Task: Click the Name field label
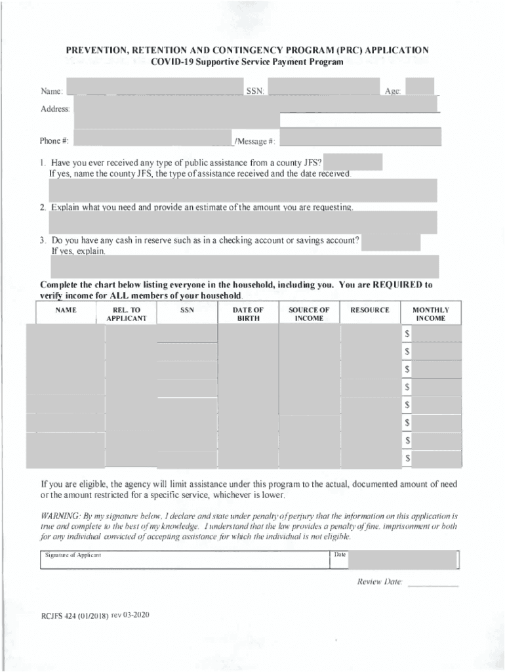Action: (51, 91)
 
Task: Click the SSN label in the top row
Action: (255, 91)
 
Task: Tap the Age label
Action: (393, 91)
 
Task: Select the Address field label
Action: (55, 109)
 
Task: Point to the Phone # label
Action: (54, 141)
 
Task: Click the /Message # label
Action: (256, 141)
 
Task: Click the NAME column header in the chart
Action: (66, 310)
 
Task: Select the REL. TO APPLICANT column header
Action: (127, 314)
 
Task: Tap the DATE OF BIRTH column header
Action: (249, 314)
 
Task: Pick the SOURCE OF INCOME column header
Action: (309, 314)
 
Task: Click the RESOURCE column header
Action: (370, 310)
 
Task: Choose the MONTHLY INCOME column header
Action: (431, 314)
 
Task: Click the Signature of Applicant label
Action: (73, 555)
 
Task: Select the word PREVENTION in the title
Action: (98, 50)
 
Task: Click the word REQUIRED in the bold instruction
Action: (398, 285)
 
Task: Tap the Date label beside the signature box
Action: (340, 555)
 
